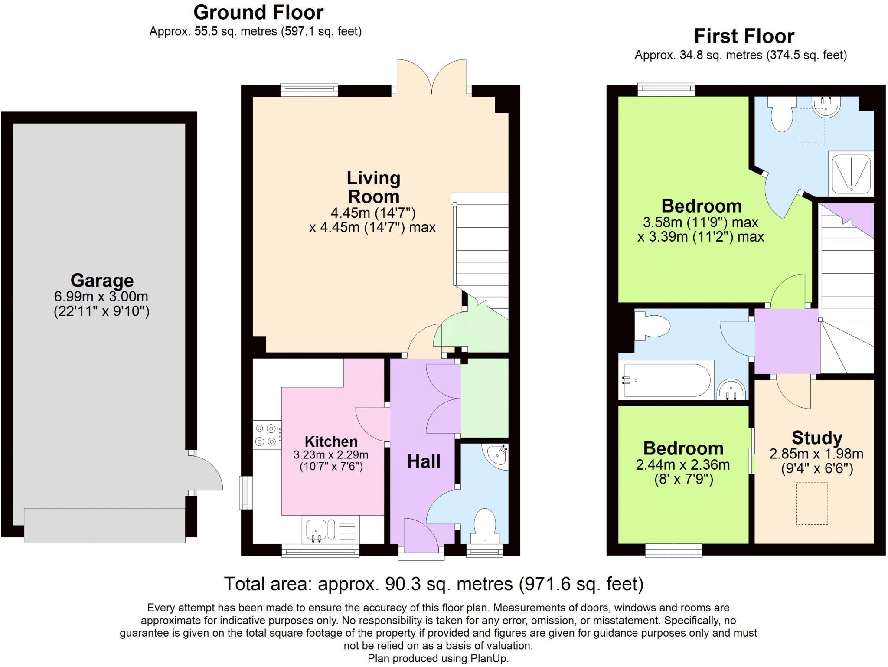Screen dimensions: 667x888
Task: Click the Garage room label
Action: click(x=102, y=281)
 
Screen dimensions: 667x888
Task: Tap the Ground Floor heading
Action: click(x=258, y=13)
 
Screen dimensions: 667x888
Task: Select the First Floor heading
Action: click(x=744, y=36)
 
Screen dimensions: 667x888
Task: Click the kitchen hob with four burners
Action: click(x=266, y=435)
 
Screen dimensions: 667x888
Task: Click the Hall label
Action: click(x=424, y=462)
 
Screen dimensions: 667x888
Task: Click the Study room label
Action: click(x=817, y=438)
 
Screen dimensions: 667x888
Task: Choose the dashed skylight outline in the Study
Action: click(x=812, y=504)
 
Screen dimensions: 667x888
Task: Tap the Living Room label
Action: click(x=373, y=187)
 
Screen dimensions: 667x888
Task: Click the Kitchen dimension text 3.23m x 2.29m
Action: click(x=331, y=455)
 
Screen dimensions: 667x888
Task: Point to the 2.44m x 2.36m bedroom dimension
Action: click(x=682, y=465)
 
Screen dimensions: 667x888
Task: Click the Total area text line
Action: click(x=433, y=584)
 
